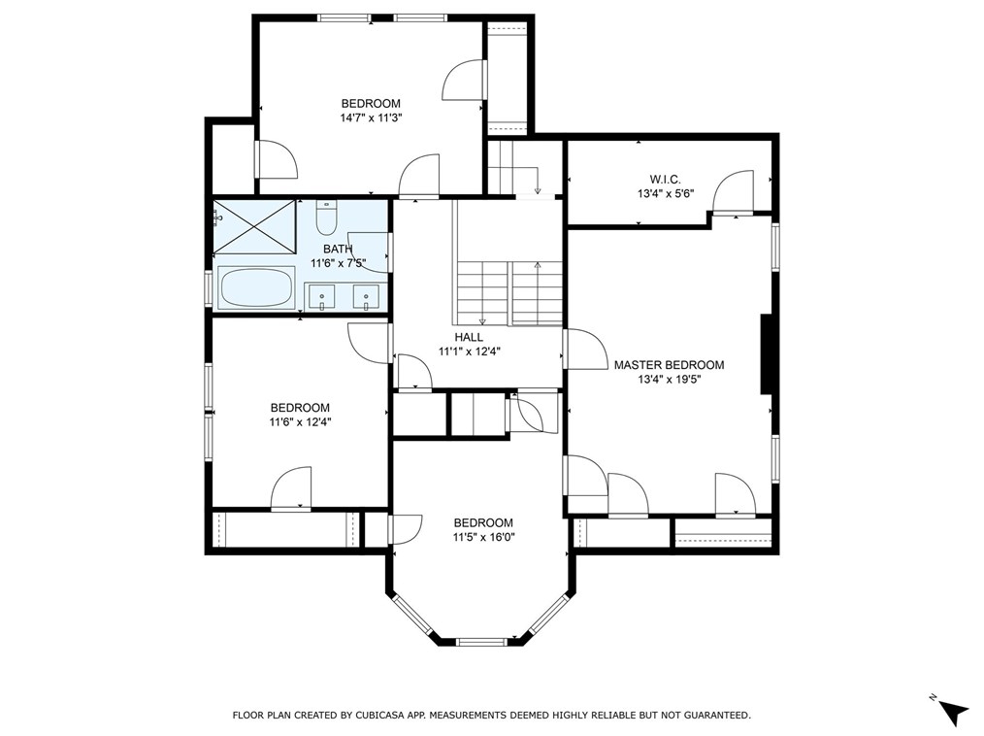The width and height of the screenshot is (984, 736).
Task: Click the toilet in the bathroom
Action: click(326, 217)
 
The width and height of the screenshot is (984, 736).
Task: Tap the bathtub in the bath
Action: click(256, 287)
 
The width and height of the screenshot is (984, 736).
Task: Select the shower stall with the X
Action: click(255, 226)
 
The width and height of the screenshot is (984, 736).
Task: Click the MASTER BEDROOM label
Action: click(669, 365)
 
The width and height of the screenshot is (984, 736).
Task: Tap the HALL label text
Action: click(469, 337)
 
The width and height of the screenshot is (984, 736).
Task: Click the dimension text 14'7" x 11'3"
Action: click(371, 117)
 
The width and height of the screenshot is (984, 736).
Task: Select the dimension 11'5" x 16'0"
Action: click(483, 537)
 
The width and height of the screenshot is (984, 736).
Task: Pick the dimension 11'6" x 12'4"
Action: click(301, 422)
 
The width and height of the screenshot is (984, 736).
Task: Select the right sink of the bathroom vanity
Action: click(366, 296)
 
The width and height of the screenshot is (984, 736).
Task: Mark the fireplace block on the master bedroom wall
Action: click(767, 354)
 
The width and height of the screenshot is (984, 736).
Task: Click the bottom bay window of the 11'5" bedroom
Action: click(480, 641)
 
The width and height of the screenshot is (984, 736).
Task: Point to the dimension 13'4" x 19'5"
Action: click(669, 380)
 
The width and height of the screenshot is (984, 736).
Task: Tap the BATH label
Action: click(338, 249)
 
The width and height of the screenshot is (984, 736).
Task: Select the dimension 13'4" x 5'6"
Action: click(665, 194)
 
